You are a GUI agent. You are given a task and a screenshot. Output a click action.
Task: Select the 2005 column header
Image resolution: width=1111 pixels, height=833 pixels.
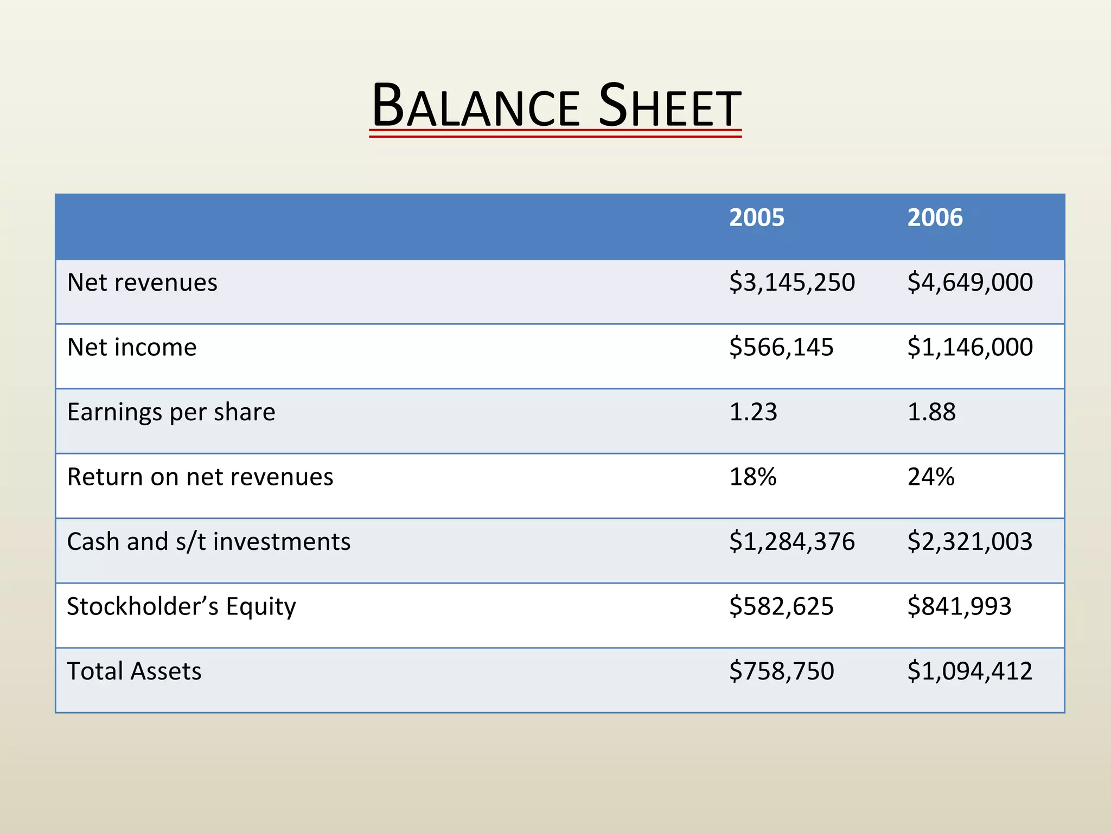756,217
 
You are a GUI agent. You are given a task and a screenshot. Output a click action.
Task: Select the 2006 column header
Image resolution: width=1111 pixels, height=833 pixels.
935,217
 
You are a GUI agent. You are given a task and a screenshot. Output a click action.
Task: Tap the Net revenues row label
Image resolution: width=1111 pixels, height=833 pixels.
142,283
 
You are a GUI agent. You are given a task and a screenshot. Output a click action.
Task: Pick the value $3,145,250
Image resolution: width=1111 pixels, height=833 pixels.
791,283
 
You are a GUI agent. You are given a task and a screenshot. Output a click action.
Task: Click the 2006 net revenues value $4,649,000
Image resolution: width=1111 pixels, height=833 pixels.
970,283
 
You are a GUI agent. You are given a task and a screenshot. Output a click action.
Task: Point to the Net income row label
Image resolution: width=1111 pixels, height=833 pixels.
132,347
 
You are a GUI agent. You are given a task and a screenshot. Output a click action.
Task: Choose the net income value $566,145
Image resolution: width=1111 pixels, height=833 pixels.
781,347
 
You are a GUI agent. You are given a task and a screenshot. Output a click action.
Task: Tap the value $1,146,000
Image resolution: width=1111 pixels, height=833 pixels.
970,347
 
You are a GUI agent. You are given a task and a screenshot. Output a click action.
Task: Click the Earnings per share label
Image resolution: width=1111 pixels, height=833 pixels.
171,412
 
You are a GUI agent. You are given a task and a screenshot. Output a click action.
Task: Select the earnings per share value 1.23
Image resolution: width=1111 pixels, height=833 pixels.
753,412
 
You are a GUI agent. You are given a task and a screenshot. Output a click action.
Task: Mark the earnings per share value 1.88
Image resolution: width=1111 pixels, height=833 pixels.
931,412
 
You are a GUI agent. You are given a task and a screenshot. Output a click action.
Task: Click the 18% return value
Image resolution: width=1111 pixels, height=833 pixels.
753,477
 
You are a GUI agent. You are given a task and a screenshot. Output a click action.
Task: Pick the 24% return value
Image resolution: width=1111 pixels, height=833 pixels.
931,477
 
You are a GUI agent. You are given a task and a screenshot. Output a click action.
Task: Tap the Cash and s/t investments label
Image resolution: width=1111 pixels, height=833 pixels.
209,542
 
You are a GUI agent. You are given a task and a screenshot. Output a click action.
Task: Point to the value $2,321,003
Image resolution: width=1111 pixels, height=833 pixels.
969,542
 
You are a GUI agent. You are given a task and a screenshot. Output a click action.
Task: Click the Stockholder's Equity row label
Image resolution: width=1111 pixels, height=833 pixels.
181,606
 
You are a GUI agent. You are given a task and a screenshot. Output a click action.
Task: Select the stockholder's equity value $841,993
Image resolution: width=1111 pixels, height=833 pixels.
959,606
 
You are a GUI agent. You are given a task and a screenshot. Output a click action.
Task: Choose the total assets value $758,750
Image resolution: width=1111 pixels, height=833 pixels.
781,671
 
